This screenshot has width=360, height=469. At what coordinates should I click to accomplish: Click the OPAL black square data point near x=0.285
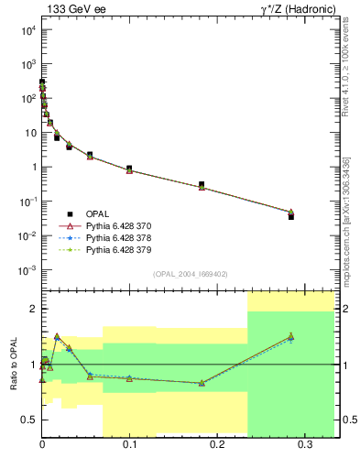coord(290,216)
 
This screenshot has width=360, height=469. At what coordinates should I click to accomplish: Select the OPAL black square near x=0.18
coord(202,184)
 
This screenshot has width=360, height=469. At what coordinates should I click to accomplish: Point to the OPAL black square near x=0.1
coord(129,169)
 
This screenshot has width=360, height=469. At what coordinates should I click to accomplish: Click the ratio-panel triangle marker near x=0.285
coord(290,336)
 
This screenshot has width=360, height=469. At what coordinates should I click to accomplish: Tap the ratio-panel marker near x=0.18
coord(202,383)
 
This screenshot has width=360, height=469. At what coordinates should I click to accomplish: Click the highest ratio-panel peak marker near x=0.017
coord(57,336)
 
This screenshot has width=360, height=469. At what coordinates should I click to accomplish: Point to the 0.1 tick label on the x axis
coord(129,444)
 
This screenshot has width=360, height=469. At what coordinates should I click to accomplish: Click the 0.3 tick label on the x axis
coord(304,444)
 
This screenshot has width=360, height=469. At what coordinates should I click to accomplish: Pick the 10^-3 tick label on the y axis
coord(27,270)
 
